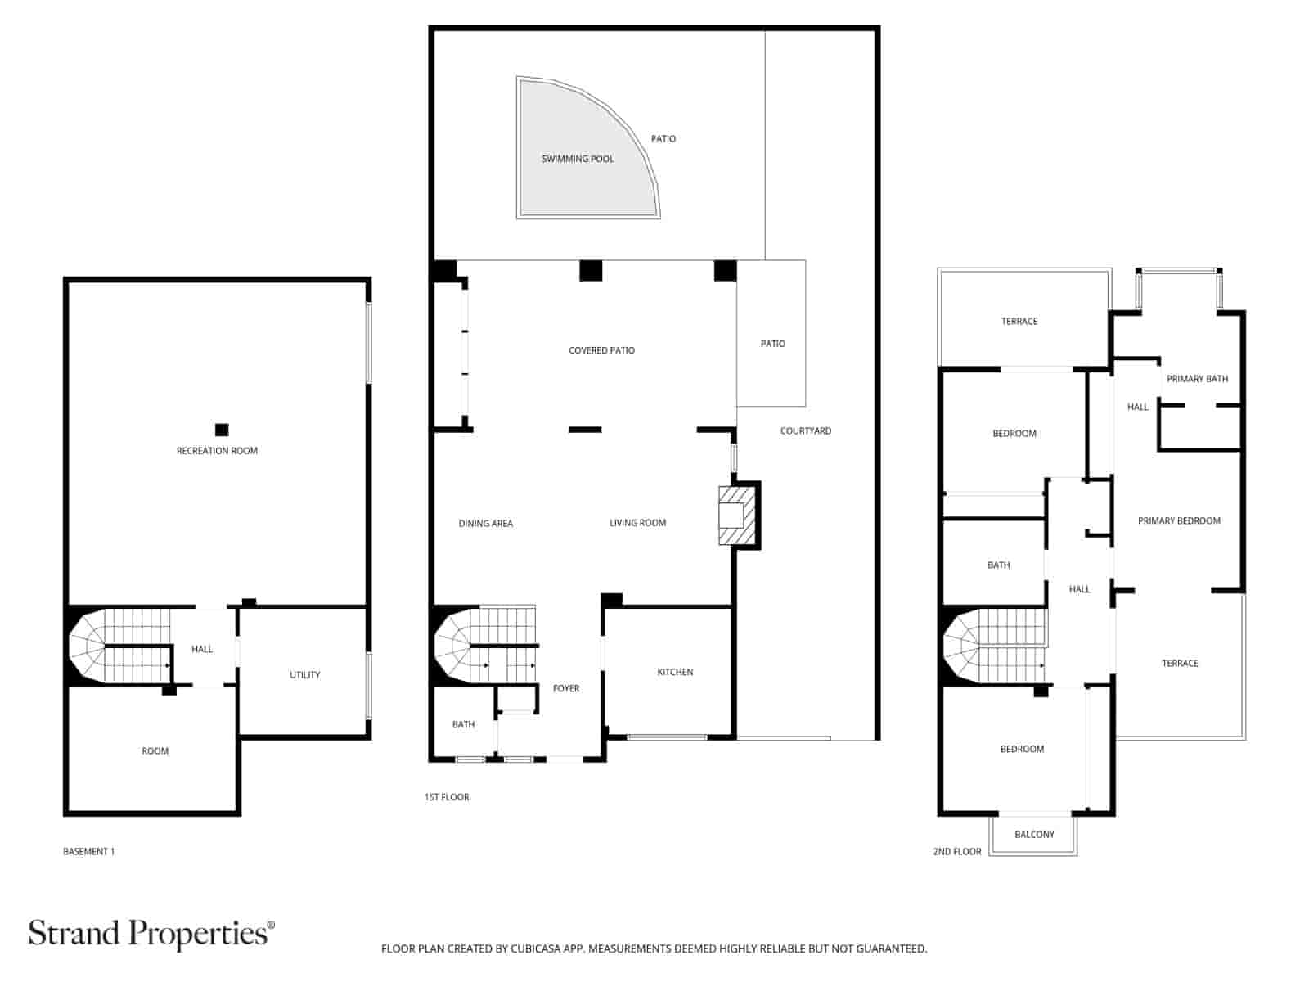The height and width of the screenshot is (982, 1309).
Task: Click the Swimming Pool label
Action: point(578,159)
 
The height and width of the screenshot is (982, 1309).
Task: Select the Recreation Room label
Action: point(217,451)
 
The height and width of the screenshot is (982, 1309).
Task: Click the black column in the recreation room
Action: point(222,430)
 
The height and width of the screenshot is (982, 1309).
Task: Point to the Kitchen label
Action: point(675,672)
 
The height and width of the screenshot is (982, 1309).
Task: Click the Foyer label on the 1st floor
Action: point(566,688)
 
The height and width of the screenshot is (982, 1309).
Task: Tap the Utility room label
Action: point(304,675)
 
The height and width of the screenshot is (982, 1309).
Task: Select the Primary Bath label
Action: point(1197,379)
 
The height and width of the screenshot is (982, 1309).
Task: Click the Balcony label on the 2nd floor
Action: point(1034,835)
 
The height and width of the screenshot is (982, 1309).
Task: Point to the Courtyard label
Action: point(805,430)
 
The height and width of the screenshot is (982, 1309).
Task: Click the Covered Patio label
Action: point(601,350)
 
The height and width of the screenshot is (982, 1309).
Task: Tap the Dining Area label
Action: point(485,524)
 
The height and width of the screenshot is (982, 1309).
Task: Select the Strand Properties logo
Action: point(151,933)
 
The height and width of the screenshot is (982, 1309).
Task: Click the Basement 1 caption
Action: point(88,852)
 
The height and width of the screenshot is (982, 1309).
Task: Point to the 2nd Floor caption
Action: point(956,852)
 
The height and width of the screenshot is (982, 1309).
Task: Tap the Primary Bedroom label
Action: point(1178,520)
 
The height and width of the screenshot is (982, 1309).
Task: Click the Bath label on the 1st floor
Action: point(463,724)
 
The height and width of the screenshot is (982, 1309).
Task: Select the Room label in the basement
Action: point(155,751)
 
